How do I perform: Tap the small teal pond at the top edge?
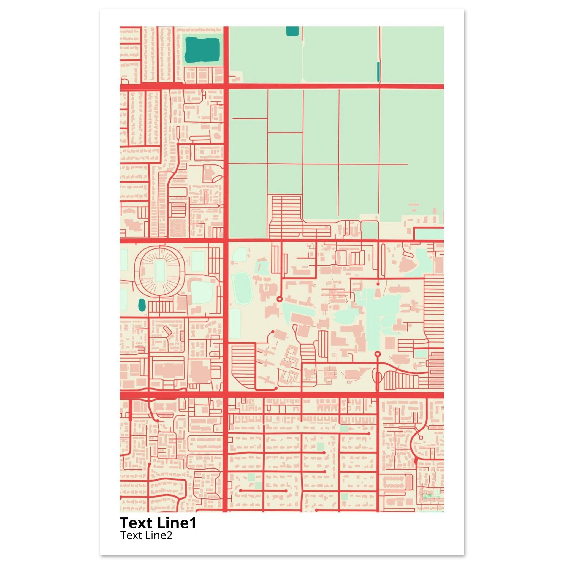(292, 31)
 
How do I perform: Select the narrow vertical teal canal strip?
(379, 72)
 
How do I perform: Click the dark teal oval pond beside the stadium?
(142, 305)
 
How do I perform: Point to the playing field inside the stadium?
(160, 271)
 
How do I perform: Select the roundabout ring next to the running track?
(279, 299)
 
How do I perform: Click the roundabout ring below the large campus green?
(378, 354)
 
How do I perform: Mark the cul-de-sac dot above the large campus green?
(378, 284)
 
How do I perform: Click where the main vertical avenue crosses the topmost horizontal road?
(226, 86)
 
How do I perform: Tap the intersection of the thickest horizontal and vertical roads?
(226, 395)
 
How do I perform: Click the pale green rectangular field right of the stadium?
(197, 261)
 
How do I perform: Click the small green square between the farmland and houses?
(370, 230)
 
